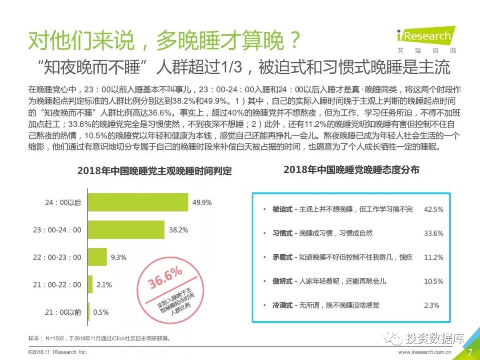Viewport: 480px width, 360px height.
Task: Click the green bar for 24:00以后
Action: coord(138,202)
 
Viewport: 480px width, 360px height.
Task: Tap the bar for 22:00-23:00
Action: coord(97,257)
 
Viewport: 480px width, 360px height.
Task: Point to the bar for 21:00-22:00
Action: coord(90,284)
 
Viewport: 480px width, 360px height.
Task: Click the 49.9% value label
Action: coord(202,203)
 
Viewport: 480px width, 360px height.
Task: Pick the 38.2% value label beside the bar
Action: coord(178,230)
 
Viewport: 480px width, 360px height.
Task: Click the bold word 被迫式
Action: coord(282,209)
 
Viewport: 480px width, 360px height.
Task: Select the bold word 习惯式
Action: coord(282,233)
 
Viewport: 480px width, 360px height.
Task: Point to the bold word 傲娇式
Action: coord(282,281)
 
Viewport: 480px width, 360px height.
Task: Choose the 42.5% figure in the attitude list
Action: coord(433,209)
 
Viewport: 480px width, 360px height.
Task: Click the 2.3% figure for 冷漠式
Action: coord(431,305)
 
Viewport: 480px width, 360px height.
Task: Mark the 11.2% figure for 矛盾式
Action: coord(433,257)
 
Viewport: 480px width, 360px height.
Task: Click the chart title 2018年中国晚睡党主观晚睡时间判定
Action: coord(154,171)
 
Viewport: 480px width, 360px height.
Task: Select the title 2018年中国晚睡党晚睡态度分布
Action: coord(351,170)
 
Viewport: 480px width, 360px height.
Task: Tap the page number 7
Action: coord(470,352)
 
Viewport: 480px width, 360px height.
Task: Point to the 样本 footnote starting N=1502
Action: coord(99,338)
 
